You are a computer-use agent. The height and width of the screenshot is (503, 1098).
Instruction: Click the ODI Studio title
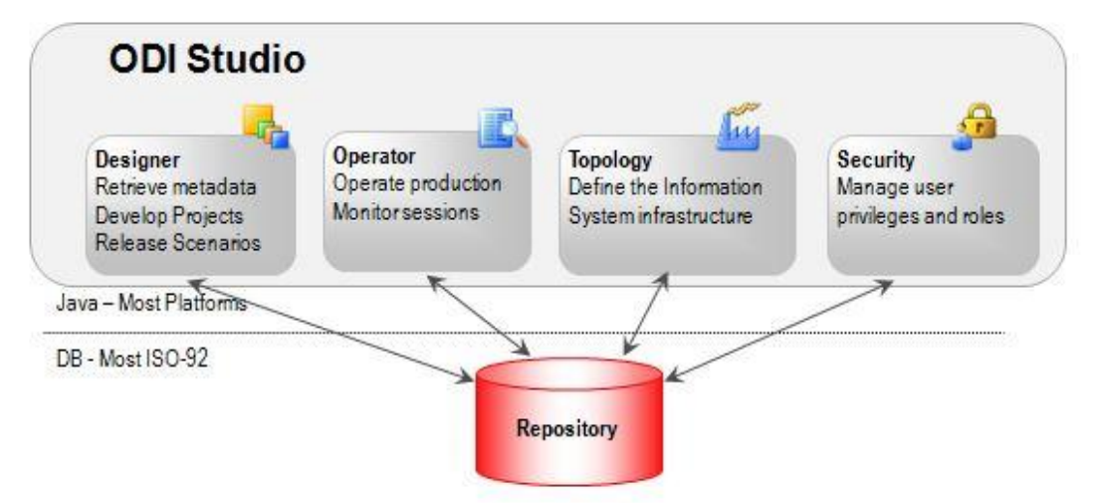click(205, 60)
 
